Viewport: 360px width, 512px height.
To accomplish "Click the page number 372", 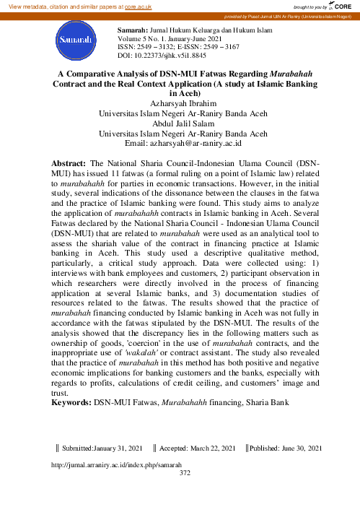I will (x=184, y=474).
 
